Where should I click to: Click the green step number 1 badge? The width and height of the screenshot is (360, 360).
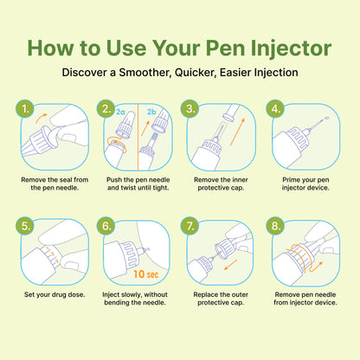click(25, 109)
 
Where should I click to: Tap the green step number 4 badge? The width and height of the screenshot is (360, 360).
click(275, 109)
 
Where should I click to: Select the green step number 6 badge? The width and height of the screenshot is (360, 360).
click(106, 226)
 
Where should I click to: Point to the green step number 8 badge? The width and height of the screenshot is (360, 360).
click(275, 226)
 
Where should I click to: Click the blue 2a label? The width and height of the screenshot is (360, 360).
click(120, 112)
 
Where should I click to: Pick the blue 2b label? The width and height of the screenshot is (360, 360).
click(151, 112)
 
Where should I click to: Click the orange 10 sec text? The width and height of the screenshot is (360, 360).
click(146, 274)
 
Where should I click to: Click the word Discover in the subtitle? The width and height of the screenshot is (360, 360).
click(85, 73)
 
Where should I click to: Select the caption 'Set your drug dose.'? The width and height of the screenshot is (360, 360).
click(55, 294)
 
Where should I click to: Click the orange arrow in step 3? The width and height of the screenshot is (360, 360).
click(237, 132)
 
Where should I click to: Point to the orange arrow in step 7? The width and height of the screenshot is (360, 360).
click(231, 265)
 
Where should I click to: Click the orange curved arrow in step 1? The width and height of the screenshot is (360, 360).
click(41, 118)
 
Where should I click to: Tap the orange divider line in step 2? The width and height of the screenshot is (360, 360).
click(138, 137)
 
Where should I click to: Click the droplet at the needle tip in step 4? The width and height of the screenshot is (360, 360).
click(327, 118)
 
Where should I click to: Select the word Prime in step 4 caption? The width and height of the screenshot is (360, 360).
click(290, 180)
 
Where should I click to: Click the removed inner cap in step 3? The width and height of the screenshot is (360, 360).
click(230, 112)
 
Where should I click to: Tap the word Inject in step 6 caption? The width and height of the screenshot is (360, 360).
click(111, 295)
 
